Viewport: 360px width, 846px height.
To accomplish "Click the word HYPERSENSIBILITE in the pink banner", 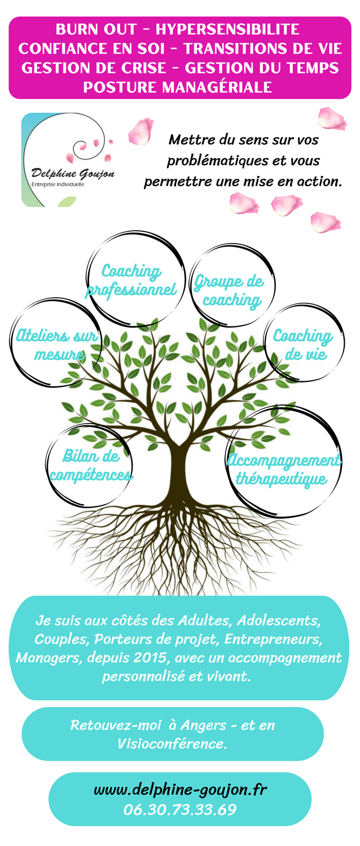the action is pyautogui.click(x=227, y=29).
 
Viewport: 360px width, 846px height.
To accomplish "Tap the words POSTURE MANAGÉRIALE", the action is pyautogui.click(x=178, y=87).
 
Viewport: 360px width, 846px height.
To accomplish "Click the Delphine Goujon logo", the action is pyautogui.click(x=68, y=160).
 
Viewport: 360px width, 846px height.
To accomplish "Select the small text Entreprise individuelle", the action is pyautogui.click(x=58, y=184).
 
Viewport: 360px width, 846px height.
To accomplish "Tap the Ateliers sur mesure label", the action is pyautogui.click(x=56, y=345).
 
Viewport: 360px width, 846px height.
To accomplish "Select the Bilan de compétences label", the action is pyautogui.click(x=91, y=465).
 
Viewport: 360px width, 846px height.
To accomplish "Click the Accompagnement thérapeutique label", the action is pyautogui.click(x=284, y=469).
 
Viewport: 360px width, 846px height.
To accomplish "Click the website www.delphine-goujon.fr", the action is pyautogui.click(x=180, y=789).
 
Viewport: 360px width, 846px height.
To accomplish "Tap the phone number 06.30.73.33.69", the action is pyautogui.click(x=180, y=809).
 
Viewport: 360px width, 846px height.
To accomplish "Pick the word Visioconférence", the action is pyautogui.click(x=172, y=744).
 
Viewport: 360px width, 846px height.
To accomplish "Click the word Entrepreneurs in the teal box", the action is pyautogui.click(x=273, y=639).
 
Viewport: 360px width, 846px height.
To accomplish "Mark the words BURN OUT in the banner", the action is pyautogui.click(x=95, y=29).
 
